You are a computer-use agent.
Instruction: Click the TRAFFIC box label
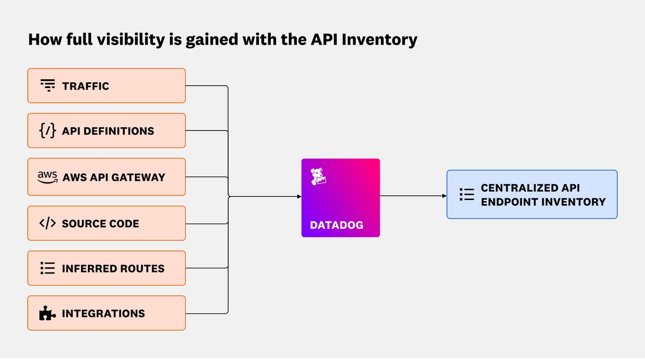click(x=86, y=86)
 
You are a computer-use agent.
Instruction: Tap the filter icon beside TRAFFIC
click(x=47, y=86)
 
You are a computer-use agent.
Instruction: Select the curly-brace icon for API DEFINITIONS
click(x=47, y=131)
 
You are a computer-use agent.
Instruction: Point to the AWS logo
click(x=47, y=177)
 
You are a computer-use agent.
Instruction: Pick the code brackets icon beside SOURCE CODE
click(x=47, y=224)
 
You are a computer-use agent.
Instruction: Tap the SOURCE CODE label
click(x=100, y=224)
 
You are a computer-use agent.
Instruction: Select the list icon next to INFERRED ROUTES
click(x=47, y=268)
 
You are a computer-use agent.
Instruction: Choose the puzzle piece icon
click(x=47, y=313)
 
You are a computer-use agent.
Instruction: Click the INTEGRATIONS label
click(x=103, y=313)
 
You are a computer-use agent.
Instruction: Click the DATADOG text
click(x=336, y=225)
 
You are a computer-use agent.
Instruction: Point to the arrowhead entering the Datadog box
click(x=299, y=196)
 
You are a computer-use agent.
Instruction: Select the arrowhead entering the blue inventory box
click(x=444, y=196)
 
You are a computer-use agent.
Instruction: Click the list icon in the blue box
click(x=467, y=195)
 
